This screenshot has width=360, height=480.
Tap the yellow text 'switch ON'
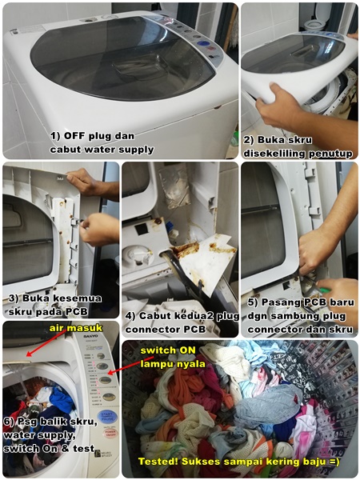(164, 350)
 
